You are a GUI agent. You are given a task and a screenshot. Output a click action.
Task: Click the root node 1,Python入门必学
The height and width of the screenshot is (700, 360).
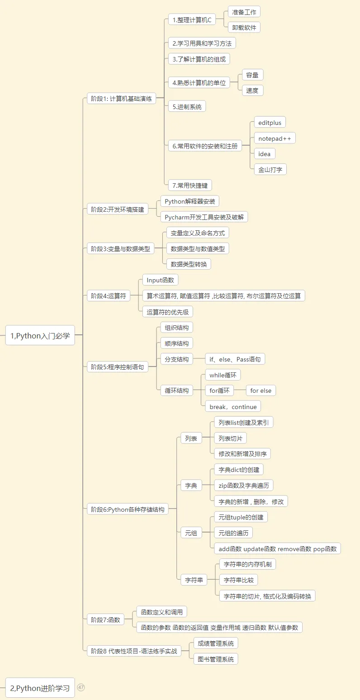40,335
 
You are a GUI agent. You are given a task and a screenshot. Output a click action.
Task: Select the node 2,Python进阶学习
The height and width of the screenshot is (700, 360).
40,688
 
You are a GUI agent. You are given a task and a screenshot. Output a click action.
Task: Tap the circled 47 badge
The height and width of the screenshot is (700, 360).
81,687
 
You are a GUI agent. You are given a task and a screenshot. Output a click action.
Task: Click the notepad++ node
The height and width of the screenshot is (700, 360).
275,138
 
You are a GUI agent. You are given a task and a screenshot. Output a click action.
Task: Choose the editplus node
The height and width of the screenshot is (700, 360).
270,122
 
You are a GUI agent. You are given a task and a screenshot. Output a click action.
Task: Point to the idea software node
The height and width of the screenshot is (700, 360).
264,154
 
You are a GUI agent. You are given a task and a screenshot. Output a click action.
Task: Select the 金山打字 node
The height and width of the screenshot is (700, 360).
270,170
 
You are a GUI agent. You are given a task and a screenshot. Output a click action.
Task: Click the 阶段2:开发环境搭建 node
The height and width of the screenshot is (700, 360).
118,210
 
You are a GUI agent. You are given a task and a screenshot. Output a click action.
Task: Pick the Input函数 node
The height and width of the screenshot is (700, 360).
160,280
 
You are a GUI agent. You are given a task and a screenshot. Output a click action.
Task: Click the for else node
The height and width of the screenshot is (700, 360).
261,390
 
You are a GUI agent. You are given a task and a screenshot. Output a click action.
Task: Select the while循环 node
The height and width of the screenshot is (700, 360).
223,375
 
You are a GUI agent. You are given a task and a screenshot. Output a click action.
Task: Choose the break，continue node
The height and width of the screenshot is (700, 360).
233,407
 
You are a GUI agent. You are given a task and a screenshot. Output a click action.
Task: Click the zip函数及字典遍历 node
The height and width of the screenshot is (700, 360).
243,486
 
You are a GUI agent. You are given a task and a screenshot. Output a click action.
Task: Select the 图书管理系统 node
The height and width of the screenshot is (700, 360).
215,659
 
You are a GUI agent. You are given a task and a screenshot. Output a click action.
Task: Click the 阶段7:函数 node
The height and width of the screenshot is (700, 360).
105,619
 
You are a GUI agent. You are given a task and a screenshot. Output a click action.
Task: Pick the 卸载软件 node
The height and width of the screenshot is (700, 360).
244,28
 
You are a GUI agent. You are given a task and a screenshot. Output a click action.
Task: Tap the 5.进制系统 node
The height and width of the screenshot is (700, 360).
187,106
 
